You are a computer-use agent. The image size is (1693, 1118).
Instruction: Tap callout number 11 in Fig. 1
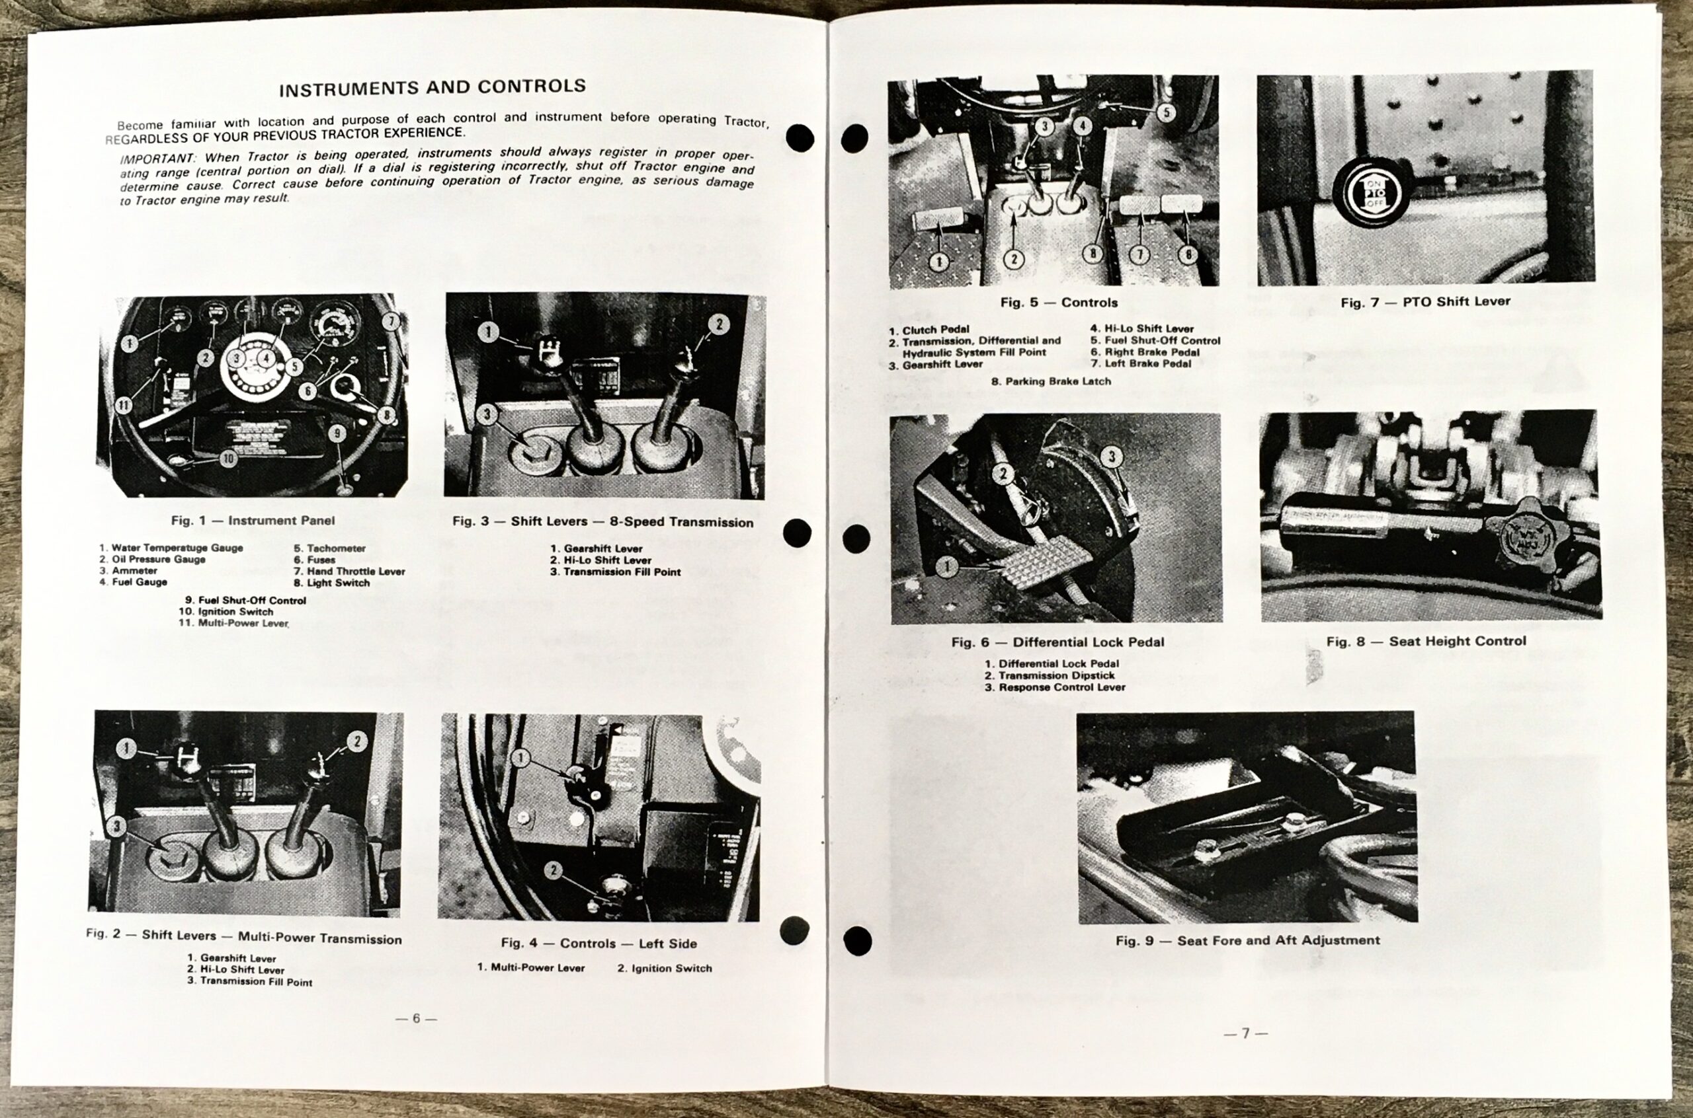coord(124,405)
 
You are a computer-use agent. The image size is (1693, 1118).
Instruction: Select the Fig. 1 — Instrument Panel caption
coord(253,521)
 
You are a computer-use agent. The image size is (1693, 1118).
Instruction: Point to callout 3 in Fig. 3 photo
coord(487,414)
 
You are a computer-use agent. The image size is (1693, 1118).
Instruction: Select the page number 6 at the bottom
coord(416,1018)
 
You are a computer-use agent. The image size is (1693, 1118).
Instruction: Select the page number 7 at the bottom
coord(1246,1033)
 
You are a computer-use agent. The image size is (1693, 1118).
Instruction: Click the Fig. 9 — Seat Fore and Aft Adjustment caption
coord(1247,940)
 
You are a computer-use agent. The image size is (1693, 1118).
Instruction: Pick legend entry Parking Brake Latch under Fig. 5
coord(1051,381)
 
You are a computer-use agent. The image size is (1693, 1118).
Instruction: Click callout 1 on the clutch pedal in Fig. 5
coord(939,262)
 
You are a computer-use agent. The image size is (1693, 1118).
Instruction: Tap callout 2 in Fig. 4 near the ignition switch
coord(553,870)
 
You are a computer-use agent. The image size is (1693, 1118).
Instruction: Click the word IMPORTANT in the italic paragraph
coord(155,157)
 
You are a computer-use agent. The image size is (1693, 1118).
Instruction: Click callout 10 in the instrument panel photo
coord(227,459)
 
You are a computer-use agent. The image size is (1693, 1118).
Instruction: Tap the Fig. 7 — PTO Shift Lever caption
coord(1425,301)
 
